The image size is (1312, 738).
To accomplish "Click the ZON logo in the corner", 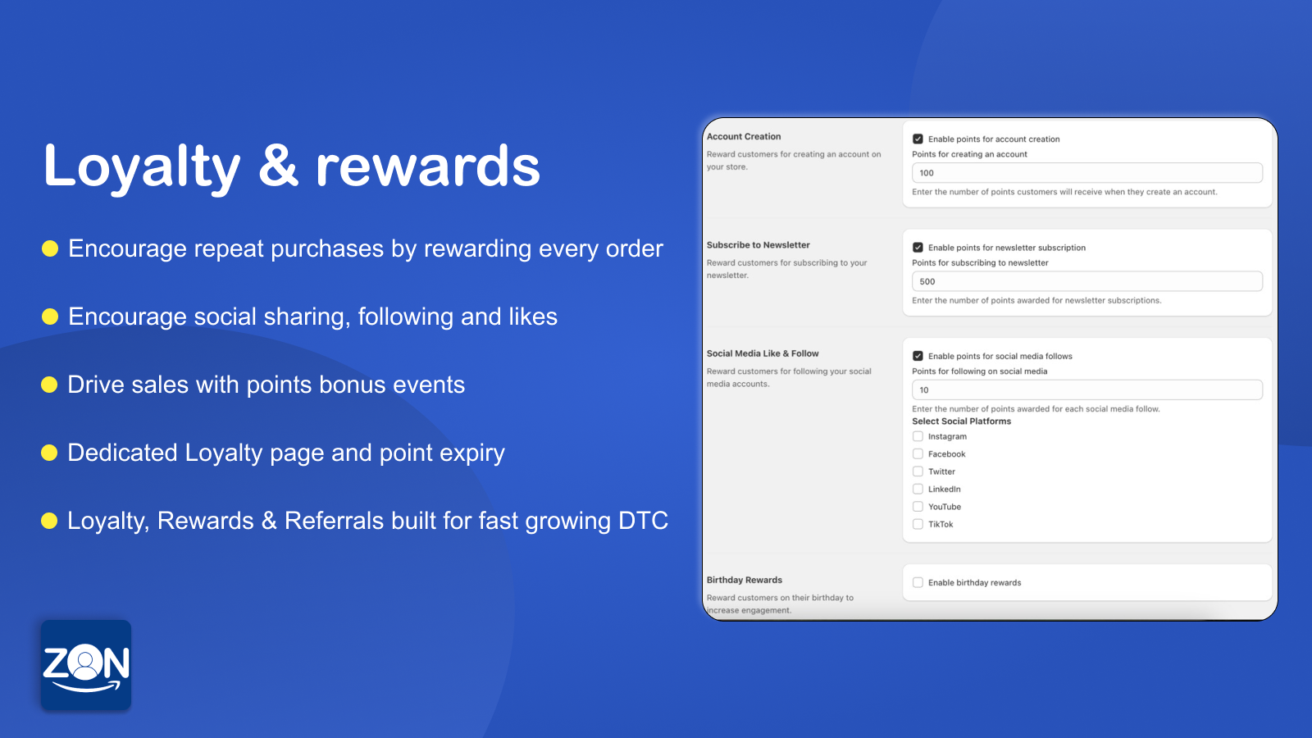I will pos(86,665).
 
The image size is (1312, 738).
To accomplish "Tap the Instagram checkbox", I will pos(918,436).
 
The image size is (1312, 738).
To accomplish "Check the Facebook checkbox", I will pos(918,454).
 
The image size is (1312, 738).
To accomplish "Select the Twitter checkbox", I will pos(918,471).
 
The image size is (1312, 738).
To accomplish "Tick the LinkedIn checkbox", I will pos(918,490).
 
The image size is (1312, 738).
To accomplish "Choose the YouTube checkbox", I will pos(918,507).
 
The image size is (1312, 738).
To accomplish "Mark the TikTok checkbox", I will pos(918,525).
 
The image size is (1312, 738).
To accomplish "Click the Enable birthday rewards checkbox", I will pos(918,583).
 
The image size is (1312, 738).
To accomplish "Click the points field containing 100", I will pos(1086,173).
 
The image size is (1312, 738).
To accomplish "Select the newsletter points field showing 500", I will pos(1086,281).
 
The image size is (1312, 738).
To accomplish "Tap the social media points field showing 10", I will pos(1086,390).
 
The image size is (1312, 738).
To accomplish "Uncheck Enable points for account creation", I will pos(918,139).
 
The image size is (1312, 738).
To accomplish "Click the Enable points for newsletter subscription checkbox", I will pos(918,248).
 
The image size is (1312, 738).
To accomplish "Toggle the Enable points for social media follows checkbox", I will pos(918,356).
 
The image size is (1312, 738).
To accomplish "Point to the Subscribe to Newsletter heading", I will pos(758,245).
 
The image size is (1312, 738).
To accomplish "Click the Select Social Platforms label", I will pos(961,421).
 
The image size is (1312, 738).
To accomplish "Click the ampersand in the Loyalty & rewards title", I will pos(278,166).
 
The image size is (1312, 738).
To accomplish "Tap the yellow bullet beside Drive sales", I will pos(49,385).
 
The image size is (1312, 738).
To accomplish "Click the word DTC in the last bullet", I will pos(643,521).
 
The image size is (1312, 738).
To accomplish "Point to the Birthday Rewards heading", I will pos(744,580).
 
